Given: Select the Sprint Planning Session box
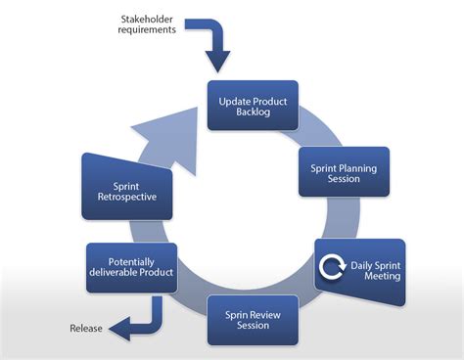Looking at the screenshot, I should [x=344, y=172].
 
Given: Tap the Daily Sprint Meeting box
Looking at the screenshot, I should [x=359, y=269].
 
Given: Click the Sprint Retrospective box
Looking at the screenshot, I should [x=128, y=189].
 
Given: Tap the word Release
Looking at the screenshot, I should [x=86, y=328].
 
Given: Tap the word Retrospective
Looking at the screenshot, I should [x=128, y=197].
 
